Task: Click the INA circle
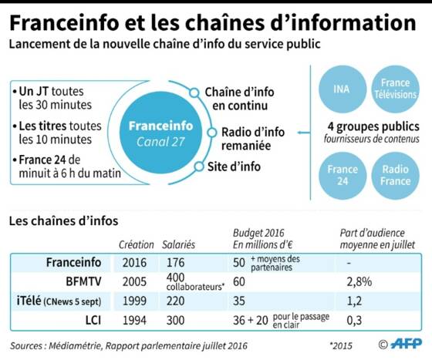point(343,89)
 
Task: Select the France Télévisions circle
point(395,89)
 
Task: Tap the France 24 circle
point(343,176)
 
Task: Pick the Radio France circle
point(395,176)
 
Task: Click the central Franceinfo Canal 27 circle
point(160,133)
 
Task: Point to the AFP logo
point(407,344)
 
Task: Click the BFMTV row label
point(83,281)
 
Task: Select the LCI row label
point(93,320)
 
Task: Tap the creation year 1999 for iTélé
point(134,301)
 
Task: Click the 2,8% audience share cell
point(359,281)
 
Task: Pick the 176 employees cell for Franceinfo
point(176,262)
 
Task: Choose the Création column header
point(137,244)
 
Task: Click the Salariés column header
point(178,244)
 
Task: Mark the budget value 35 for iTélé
point(239,301)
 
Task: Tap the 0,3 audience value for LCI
point(354,320)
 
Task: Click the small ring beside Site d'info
point(199,167)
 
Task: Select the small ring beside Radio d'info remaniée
point(212,133)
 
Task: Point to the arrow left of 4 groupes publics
point(304,133)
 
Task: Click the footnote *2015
point(341,345)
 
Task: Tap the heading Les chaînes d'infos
point(63,220)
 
